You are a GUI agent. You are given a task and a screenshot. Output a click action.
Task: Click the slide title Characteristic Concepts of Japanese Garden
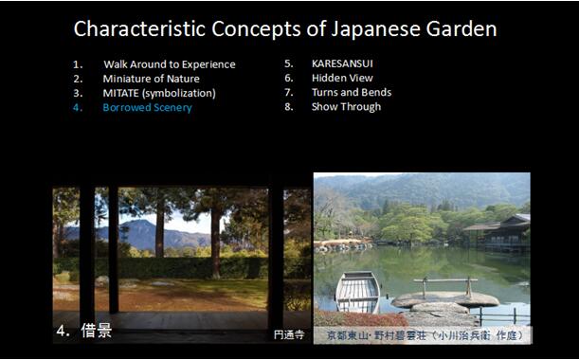coord(284,29)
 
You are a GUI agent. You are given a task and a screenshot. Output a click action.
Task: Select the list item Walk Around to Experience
coord(169,64)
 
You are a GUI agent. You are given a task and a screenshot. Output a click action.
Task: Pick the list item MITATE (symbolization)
coord(159,93)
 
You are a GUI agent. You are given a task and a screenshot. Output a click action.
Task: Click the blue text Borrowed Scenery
coord(147,107)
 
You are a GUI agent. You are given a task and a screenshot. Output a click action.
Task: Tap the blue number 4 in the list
coord(78,107)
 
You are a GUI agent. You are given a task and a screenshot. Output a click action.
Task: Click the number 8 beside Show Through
coord(288,106)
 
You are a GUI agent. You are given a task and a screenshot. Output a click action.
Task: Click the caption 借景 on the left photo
coord(97,332)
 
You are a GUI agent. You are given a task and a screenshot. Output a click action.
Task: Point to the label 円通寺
coord(288,334)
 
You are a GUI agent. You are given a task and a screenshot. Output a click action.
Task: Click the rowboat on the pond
coord(358,290)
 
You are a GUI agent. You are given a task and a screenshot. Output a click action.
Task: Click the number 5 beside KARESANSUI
coord(288,63)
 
